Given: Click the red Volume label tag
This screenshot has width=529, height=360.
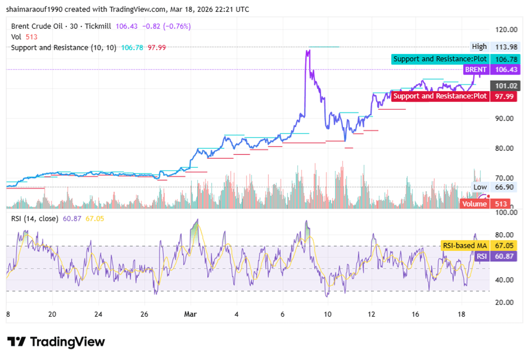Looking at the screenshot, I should tap(473, 204).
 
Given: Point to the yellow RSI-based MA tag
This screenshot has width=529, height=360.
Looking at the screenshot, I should tap(464, 246).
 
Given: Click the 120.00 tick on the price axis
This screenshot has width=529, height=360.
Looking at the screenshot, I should tap(504, 29).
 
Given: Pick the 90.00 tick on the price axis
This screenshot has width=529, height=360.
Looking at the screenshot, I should tap(504, 118).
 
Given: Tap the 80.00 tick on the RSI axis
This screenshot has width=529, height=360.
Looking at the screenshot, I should tap(504, 234).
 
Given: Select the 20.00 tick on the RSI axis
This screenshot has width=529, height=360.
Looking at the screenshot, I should tap(504, 302).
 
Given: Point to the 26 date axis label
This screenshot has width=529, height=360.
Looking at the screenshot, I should tap(145, 314).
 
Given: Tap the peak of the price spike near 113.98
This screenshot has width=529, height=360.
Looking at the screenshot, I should tap(308, 50).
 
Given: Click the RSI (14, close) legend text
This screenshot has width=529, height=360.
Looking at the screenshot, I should tap(35, 218).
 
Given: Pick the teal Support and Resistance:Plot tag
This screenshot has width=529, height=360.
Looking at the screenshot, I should tap(440, 59).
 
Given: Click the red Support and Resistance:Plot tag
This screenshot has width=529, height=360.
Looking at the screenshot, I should tap(440, 96).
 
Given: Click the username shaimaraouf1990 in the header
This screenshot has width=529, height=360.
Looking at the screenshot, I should tap(37, 9).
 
